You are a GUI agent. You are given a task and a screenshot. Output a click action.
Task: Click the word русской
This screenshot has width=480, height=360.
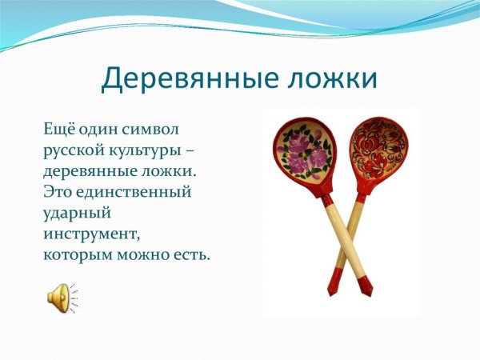point(73,150)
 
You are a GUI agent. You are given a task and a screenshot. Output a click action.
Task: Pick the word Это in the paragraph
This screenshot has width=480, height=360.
point(57,192)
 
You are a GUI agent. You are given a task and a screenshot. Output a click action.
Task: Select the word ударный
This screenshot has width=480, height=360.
point(75,214)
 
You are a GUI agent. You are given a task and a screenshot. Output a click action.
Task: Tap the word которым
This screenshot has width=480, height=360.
point(75,256)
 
